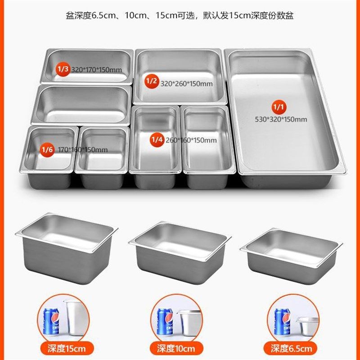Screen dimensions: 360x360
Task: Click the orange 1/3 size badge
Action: tap(63, 69)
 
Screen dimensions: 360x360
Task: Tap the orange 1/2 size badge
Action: tap(151, 82)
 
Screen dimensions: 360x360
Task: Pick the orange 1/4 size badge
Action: tap(156, 140)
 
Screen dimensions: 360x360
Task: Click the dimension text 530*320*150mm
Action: tap(280, 119)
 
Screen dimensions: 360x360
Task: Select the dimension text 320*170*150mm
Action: tap(96, 70)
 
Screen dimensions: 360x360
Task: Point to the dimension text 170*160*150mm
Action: tap(83, 149)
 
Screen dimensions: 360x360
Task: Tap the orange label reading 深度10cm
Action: tap(176, 348)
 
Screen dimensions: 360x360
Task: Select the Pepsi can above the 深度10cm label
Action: tap(165, 321)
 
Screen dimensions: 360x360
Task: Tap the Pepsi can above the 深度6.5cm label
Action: tap(282, 321)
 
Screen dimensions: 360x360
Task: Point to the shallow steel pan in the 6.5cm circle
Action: tap(307, 325)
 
